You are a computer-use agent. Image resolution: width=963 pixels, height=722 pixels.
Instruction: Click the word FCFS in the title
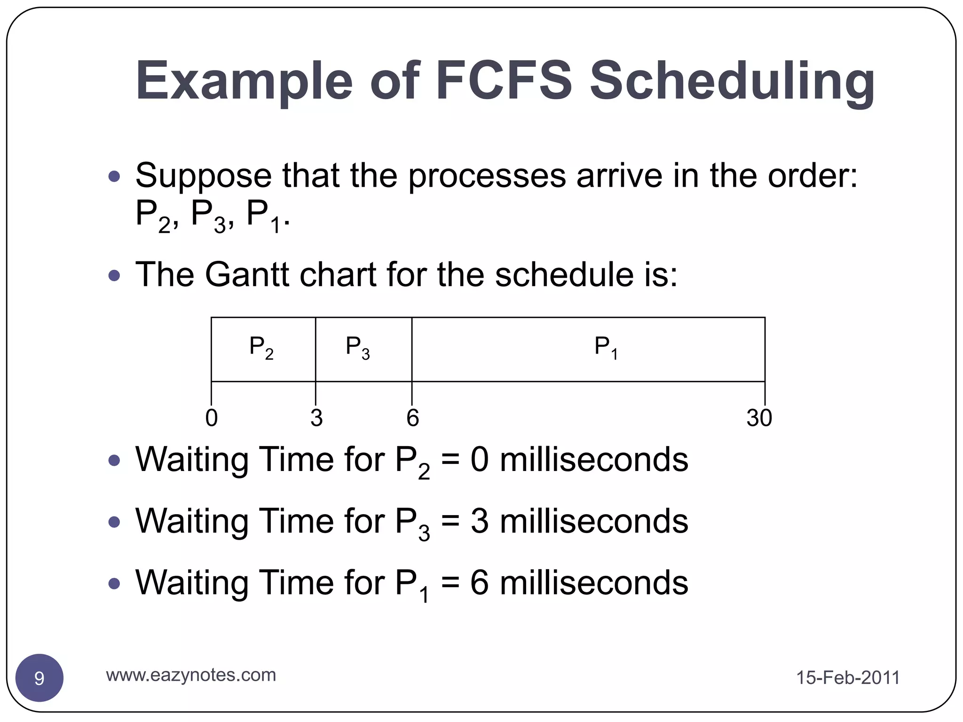504,81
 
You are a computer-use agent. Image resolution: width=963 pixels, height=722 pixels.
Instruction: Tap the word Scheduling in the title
732,81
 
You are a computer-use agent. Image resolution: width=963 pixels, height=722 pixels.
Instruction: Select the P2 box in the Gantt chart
263,349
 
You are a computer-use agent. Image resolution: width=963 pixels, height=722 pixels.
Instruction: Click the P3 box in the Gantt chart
363,349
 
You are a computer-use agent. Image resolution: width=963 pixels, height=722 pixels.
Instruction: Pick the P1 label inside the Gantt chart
606,348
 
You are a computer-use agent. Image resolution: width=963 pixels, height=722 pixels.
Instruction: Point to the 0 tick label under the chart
212,418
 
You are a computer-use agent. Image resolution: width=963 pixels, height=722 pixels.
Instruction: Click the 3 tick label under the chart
316,418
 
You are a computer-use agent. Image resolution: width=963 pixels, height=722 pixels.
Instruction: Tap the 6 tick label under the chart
412,418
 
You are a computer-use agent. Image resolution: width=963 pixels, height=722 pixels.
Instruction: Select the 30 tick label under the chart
759,418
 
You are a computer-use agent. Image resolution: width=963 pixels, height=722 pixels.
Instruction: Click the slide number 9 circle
39,678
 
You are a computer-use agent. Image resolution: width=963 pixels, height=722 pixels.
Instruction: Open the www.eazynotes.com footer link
191,675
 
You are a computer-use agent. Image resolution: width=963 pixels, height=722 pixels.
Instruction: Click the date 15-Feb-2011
847,678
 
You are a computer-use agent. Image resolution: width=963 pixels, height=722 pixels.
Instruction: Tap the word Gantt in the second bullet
247,275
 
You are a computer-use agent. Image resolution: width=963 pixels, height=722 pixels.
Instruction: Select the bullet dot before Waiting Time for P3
114,522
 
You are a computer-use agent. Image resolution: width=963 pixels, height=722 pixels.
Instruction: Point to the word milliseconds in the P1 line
593,583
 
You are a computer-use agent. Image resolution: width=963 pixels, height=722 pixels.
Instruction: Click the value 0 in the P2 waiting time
479,460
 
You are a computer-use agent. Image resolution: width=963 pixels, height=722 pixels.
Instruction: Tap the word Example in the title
244,81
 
